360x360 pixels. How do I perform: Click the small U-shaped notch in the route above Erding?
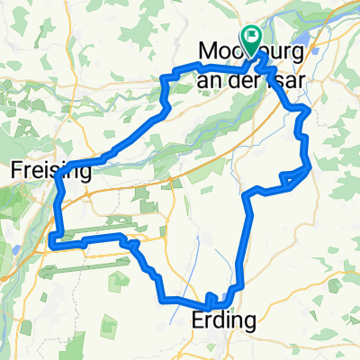(211, 298)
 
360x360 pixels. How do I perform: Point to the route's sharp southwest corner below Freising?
(52, 241)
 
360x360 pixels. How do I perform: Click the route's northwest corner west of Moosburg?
(164, 80)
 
